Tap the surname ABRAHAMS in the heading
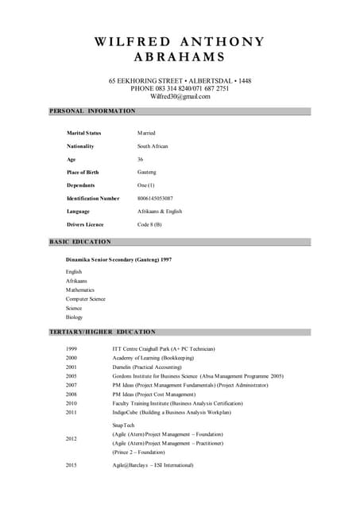[x=180, y=57]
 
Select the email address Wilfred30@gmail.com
[x=180, y=96]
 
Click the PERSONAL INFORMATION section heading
[x=92, y=111]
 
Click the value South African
[x=153, y=146]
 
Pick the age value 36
[x=141, y=159]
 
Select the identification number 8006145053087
[x=155, y=198]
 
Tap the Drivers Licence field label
[x=85, y=224]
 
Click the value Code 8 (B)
[x=149, y=224]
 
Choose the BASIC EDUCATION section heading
[x=80, y=241]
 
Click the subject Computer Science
[x=85, y=299]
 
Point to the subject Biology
[x=74, y=317]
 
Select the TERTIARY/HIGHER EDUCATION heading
[x=103, y=331]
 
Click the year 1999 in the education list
[x=72, y=349]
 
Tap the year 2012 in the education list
[x=72, y=438]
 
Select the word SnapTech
[x=124, y=425]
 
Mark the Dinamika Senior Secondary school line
[x=118, y=259]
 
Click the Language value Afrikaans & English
[x=160, y=212]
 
